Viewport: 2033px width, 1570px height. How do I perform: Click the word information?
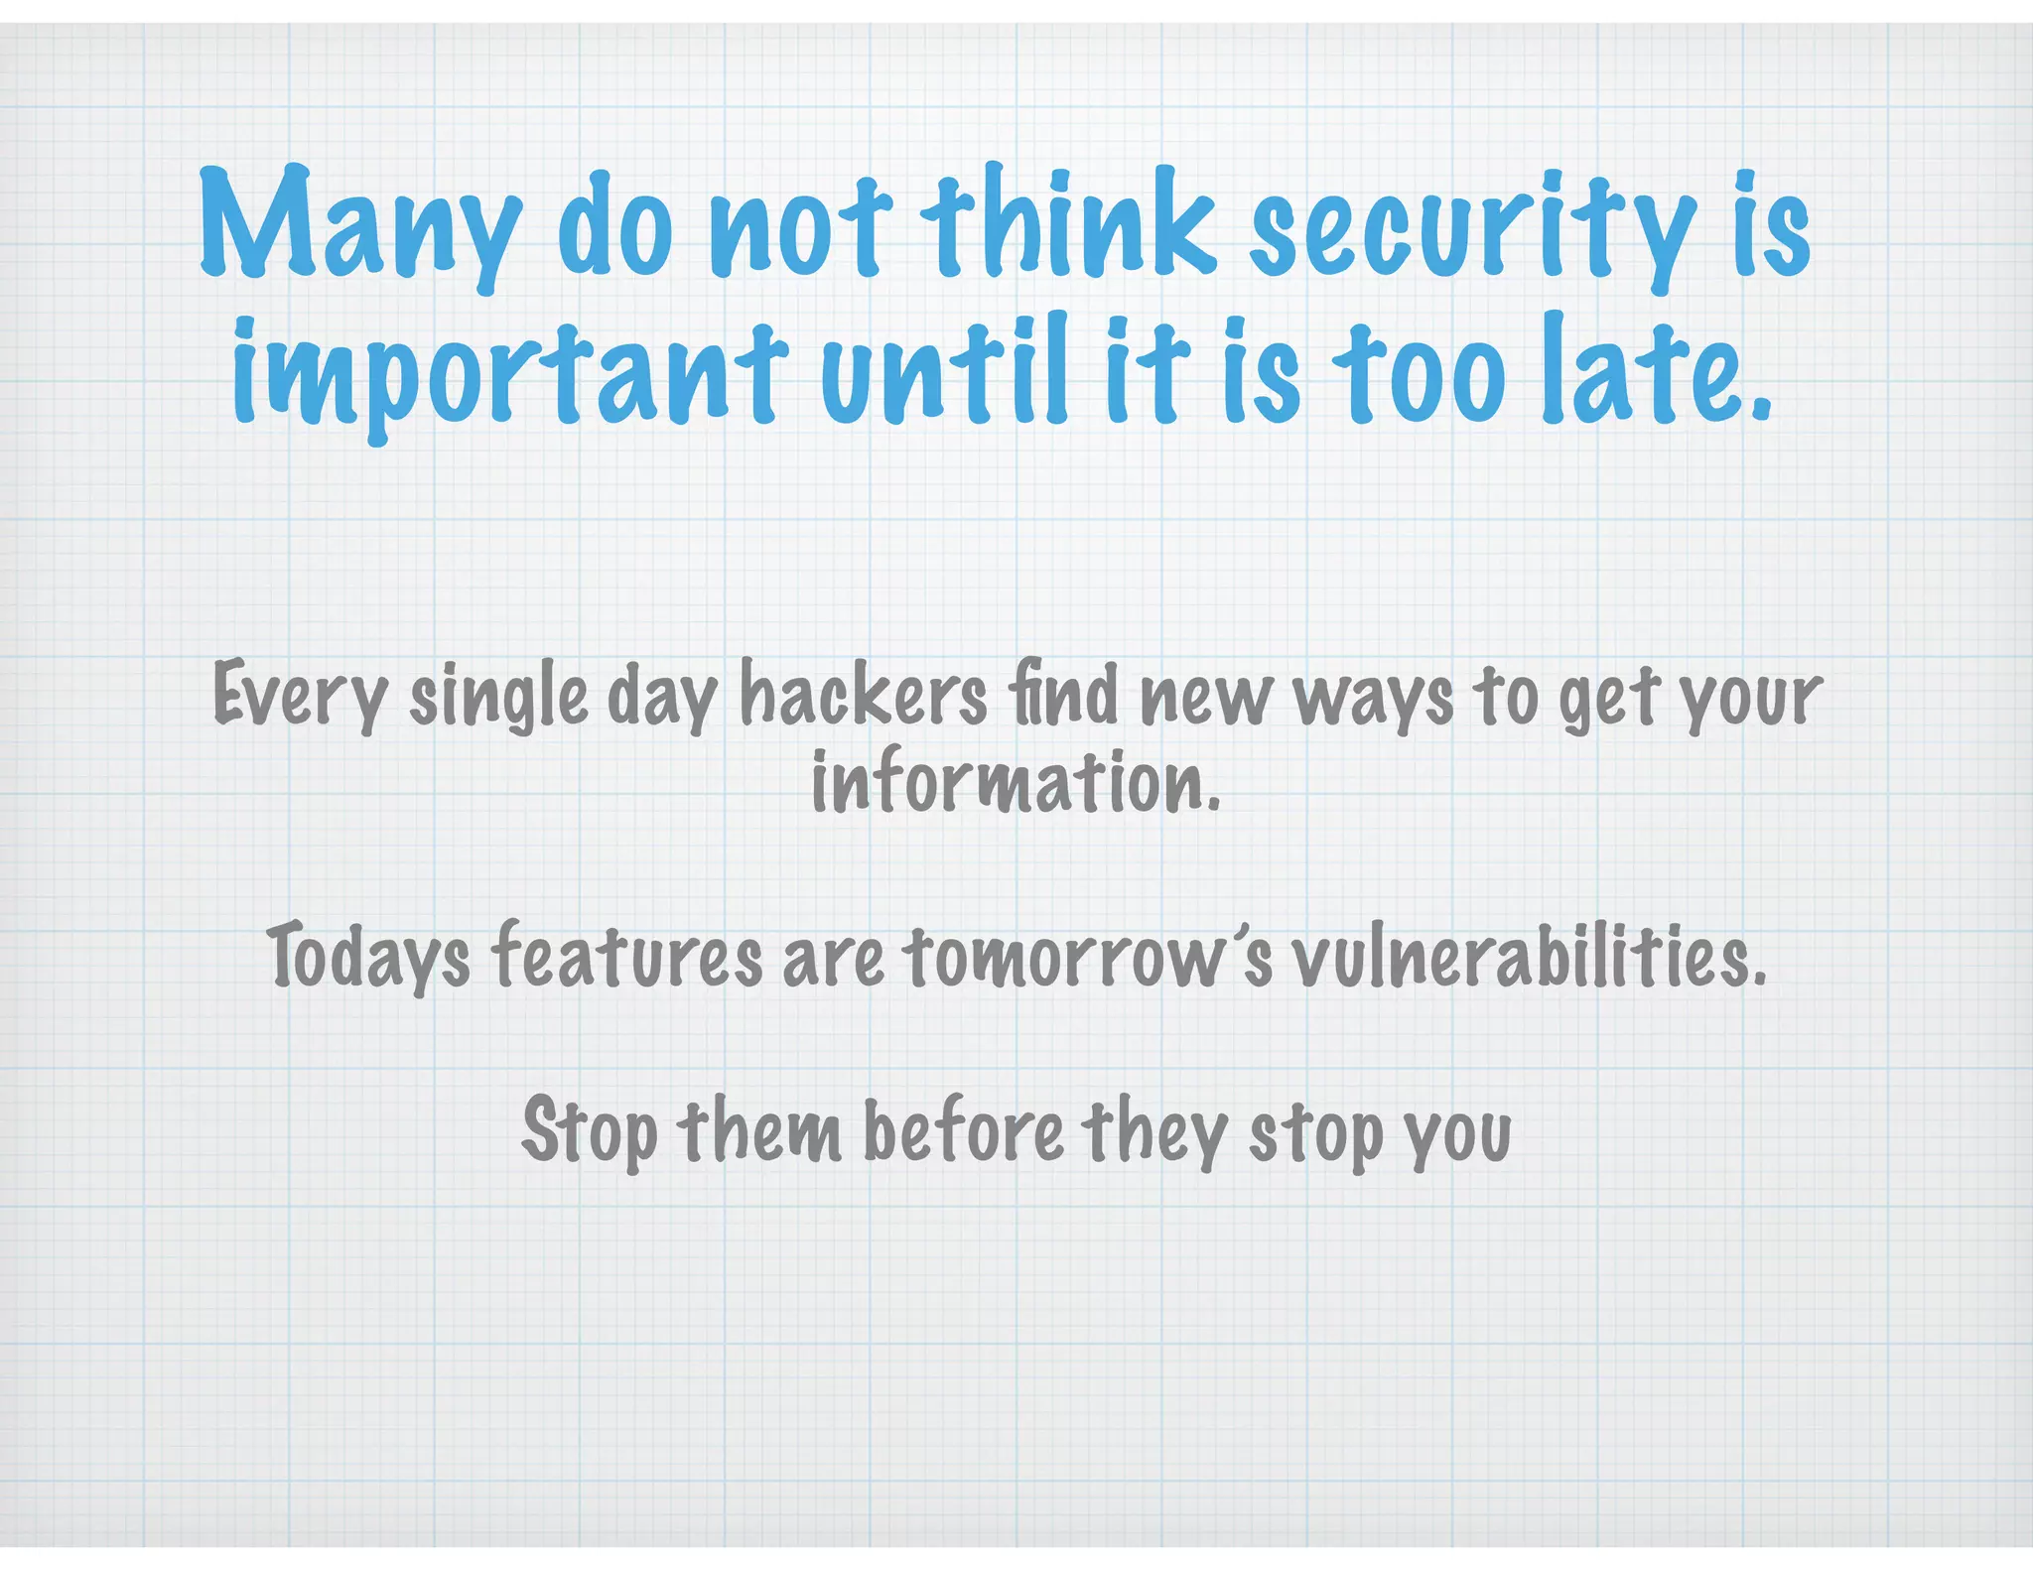[x=1015, y=782]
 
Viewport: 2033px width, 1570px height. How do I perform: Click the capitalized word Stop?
[x=589, y=1131]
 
